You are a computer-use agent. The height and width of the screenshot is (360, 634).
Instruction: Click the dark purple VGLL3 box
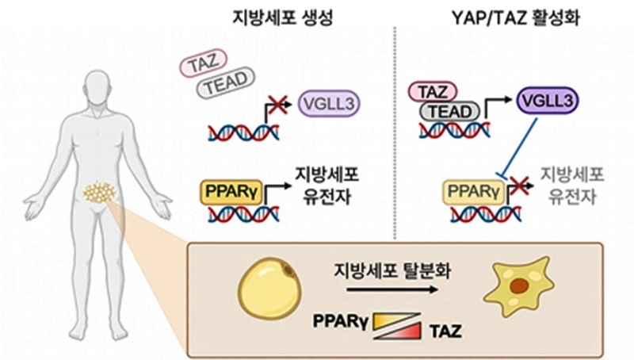point(546,100)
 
